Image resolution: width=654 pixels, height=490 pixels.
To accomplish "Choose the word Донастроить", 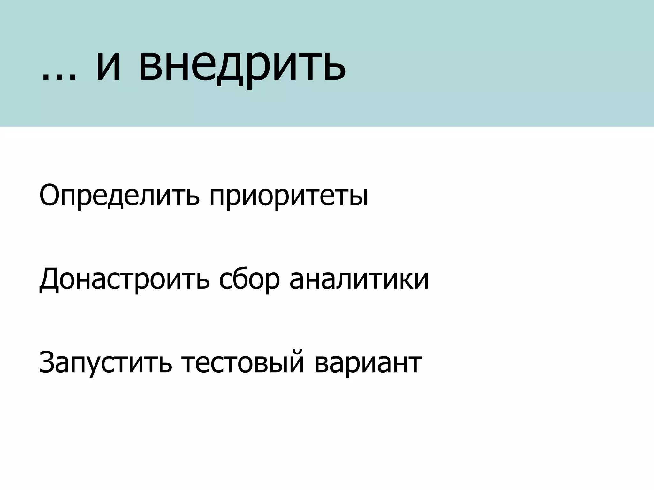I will [x=124, y=279].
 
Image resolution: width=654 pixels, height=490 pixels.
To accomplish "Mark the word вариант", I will [x=368, y=363].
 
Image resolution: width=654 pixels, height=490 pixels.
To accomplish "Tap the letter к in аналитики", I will [x=406, y=280].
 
